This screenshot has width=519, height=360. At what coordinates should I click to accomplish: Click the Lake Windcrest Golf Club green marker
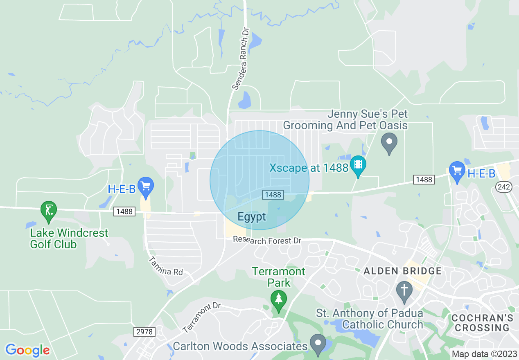click(x=49, y=211)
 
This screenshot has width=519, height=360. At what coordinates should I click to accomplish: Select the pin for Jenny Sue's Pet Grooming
click(x=389, y=143)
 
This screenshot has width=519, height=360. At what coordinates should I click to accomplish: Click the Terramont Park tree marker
click(x=279, y=300)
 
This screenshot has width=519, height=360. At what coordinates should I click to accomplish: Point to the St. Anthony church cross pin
click(x=404, y=291)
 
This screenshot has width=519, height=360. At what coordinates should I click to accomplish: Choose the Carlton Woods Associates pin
click(x=318, y=344)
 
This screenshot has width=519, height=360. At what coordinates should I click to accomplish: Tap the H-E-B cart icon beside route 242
click(x=457, y=171)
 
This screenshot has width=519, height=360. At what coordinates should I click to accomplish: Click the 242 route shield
click(x=503, y=187)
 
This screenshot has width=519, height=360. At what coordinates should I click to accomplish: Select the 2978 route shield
click(x=144, y=331)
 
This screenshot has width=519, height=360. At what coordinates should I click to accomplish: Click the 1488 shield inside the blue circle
click(x=273, y=195)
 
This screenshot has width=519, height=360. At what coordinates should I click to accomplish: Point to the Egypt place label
click(x=252, y=217)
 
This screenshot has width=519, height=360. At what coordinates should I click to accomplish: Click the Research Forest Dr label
click(x=267, y=240)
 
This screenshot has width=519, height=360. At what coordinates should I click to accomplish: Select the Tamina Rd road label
click(x=165, y=266)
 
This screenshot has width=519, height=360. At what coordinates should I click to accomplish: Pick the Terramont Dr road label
click(x=201, y=317)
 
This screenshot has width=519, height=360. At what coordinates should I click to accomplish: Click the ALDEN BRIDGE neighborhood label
click(x=403, y=271)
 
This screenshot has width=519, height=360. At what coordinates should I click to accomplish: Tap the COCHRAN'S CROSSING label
click(x=482, y=323)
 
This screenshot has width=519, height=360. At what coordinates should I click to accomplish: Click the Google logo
click(x=27, y=350)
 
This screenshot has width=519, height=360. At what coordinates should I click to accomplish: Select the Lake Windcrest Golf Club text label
click(x=69, y=239)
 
